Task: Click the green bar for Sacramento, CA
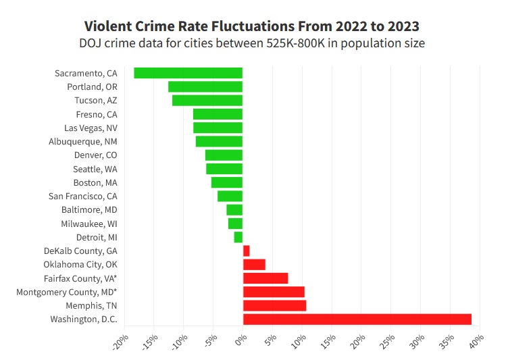pyautogui.click(x=188, y=73)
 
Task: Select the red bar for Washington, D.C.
pyautogui.click(x=357, y=319)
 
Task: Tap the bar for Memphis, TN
pyautogui.click(x=274, y=305)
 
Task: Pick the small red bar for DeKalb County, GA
pyautogui.click(x=246, y=251)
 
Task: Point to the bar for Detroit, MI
pyautogui.click(x=238, y=237)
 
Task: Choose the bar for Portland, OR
pyautogui.click(x=205, y=86)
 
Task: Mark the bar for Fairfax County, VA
pyautogui.click(x=265, y=278)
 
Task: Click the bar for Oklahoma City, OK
pyautogui.click(x=254, y=264)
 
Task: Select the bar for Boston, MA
pyautogui.click(x=227, y=182)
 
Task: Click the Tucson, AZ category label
pyautogui.click(x=95, y=101)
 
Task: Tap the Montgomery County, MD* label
pyautogui.click(x=66, y=292)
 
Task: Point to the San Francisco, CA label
pyautogui.click(x=82, y=196)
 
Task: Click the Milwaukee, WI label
pyautogui.click(x=88, y=224)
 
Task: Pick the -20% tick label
pyautogui.click(x=120, y=342)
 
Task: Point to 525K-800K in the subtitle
pyautogui.click(x=303, y=44)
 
